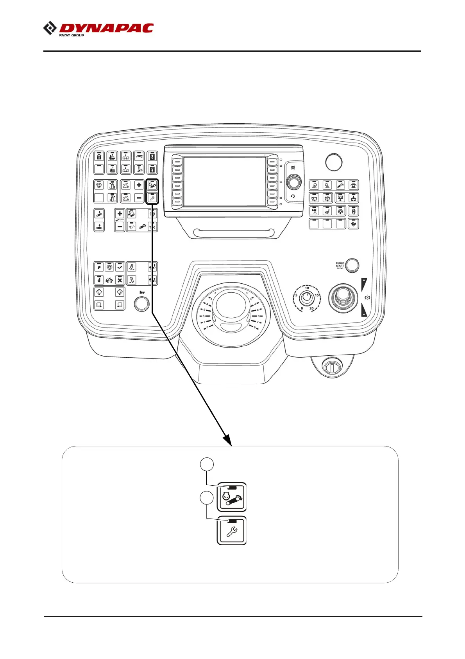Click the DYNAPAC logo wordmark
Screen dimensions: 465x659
coord(106,28)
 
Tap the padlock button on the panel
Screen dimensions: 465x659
coord(99,157)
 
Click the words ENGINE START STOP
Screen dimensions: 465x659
coord(340,266)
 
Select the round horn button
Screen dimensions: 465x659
coord(141,304)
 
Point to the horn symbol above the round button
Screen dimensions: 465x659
coord(141,292)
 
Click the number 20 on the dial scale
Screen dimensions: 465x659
coord(311,308)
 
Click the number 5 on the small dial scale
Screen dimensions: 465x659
coord(296,295)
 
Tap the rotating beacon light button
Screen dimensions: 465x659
coord(353,185)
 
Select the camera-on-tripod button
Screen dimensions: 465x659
coord(315,211)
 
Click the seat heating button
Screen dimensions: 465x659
coord(327,211)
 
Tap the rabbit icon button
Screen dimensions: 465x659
coord(353,224)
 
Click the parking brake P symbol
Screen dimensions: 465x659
coord(367,298)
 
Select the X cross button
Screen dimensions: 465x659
coord(120,280)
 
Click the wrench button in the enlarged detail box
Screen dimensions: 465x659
coord(232,531)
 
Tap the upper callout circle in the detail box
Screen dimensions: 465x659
coord(207,465)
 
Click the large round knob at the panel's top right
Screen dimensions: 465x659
coord(333,162)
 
